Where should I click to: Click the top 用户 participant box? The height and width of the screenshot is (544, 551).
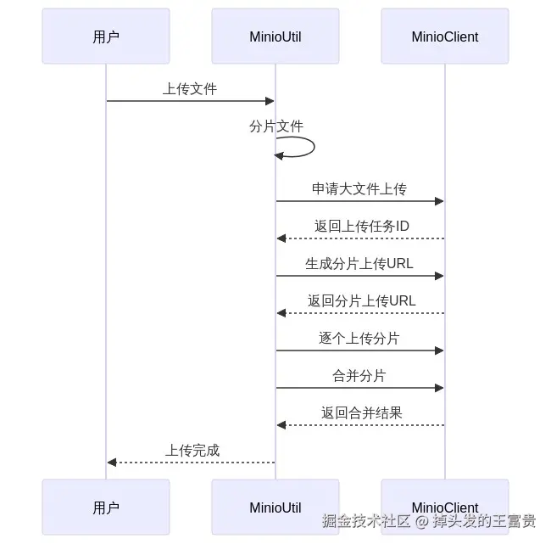pos(106,36)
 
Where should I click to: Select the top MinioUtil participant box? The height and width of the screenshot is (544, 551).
pos(275,36)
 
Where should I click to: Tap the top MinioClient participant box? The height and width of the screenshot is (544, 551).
pos(445,36)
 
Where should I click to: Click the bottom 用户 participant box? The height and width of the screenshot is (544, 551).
pos(106,508)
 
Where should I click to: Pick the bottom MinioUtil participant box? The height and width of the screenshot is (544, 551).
pos(275,508)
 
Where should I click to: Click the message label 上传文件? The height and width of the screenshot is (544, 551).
pos(190,88)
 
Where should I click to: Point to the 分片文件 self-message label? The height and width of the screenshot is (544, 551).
pos(276,126)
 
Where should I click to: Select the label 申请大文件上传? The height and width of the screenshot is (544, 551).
pos(359,188)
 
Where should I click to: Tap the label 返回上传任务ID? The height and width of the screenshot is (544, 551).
pos(361,226)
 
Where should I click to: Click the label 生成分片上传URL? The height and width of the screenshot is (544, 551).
pos(359,263)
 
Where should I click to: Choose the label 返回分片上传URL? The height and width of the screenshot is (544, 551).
pos(361,300)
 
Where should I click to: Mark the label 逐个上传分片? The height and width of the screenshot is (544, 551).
pos(359,338)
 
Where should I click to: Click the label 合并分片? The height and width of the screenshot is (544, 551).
pos(359,375)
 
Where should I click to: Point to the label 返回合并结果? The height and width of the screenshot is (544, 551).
pos(361,412)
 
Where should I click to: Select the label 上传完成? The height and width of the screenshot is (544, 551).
pos(192,450)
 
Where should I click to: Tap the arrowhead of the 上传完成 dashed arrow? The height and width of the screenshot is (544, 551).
pos(112,463)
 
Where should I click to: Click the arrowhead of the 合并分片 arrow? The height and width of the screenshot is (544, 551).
pos(439,388)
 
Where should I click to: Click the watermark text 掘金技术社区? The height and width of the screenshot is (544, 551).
pos(366,520)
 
